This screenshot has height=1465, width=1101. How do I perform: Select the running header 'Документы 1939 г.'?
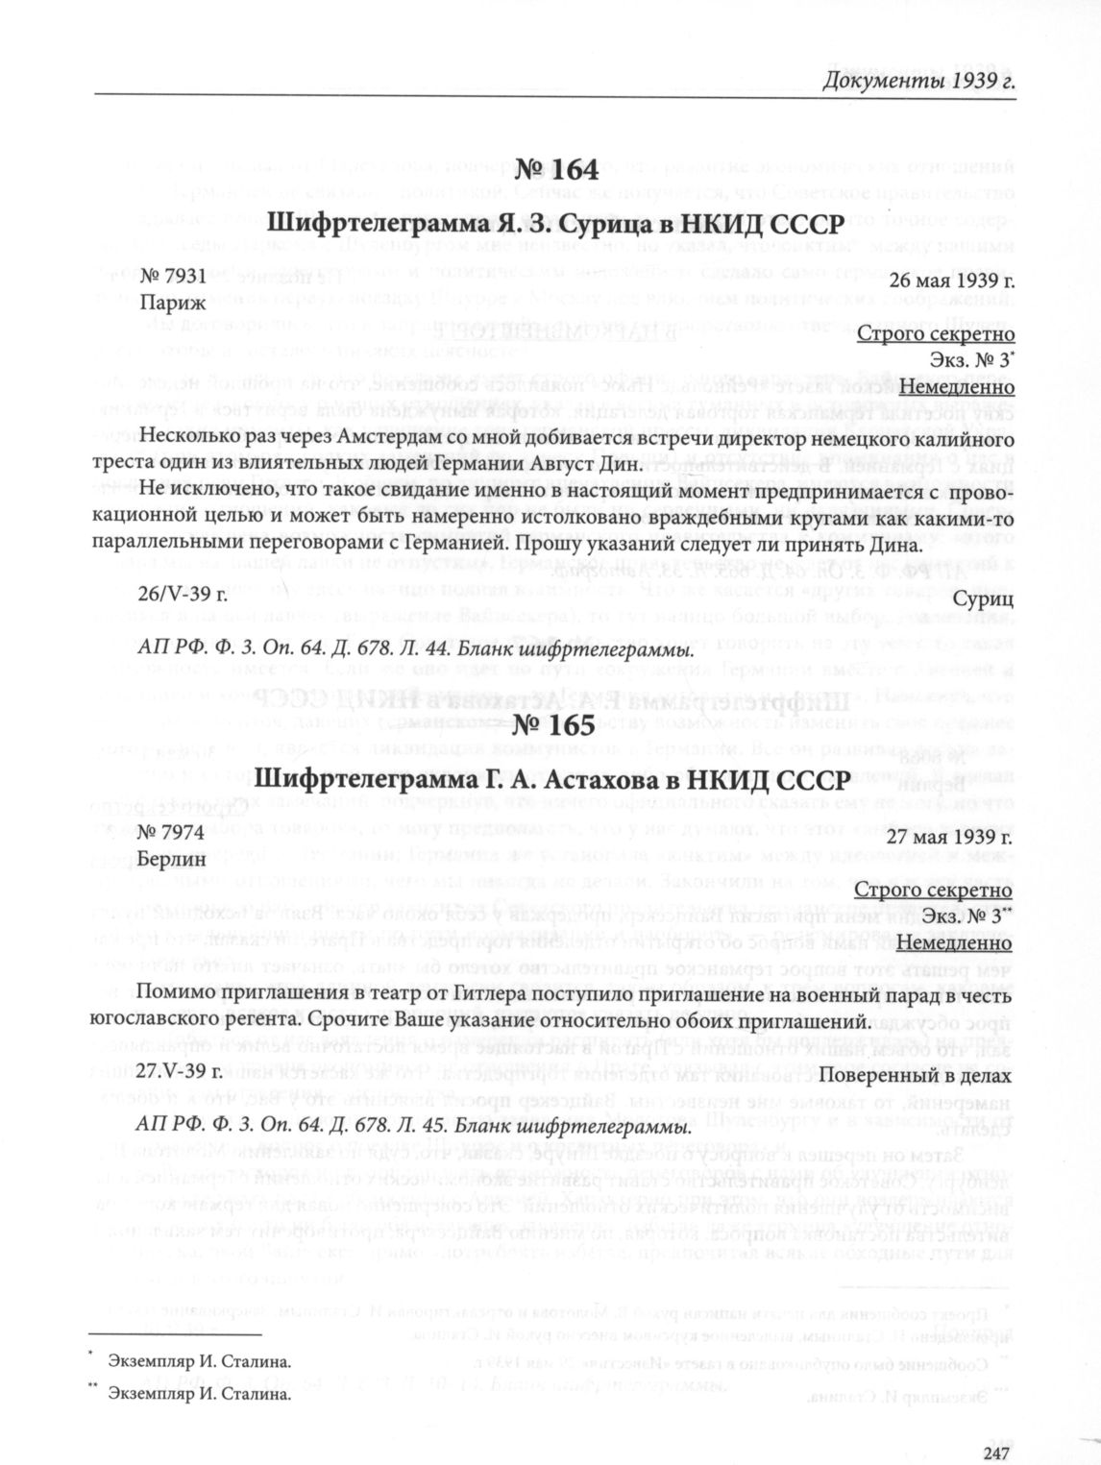(919, 79)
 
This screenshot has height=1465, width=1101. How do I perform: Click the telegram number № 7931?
(173, 278)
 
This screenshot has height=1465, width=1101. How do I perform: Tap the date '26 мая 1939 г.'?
(951, 281)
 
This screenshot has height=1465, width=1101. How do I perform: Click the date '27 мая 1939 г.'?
(951, 836)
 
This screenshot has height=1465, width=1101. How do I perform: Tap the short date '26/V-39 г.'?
(183, 595)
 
